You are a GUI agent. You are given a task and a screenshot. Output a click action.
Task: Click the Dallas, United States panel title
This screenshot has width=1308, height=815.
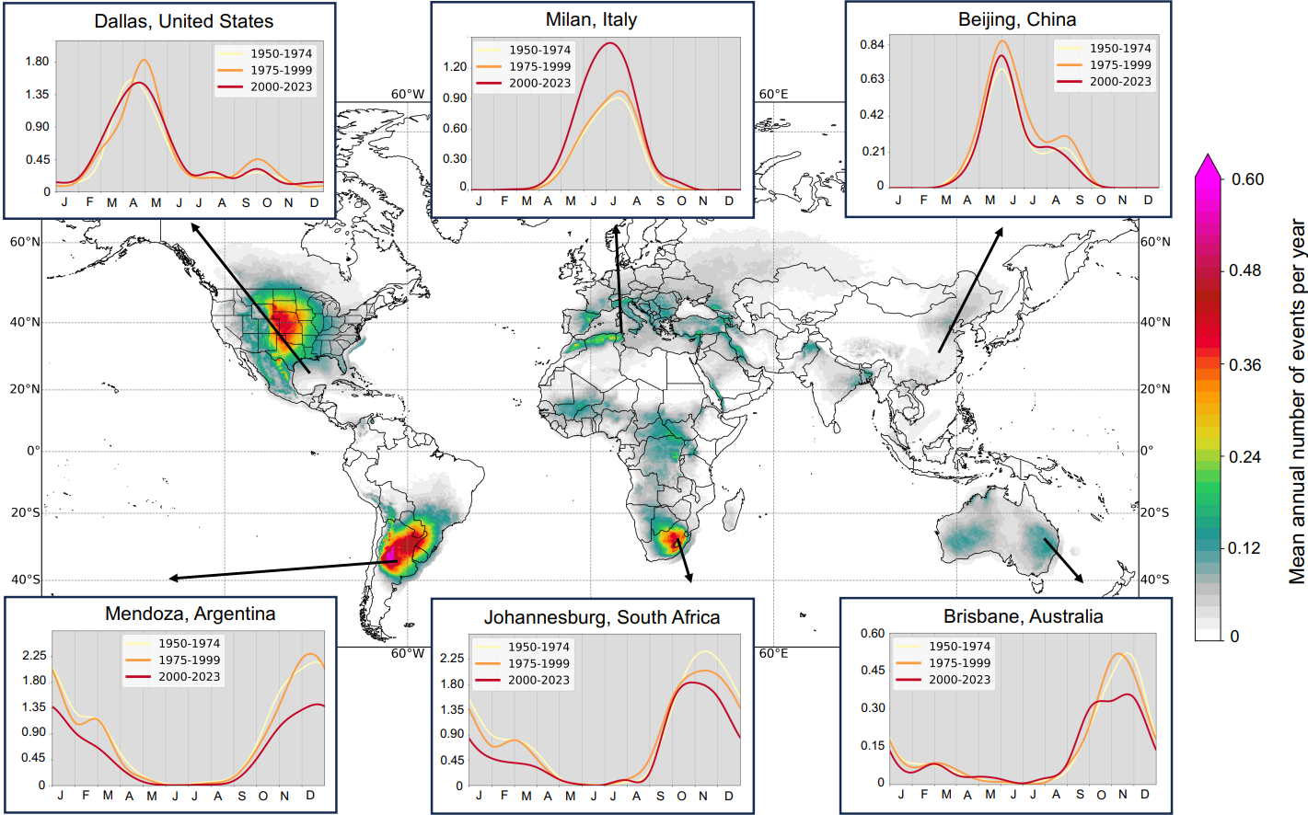point(183,21)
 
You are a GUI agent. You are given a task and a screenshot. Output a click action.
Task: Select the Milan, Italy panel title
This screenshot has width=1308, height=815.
point(591,19)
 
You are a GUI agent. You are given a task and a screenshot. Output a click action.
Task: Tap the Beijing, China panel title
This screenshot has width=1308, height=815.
point(1016,19)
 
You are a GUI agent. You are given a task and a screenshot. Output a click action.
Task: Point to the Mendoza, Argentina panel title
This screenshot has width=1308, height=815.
point(190,614)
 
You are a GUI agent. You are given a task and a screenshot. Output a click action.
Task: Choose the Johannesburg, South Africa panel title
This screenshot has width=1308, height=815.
point(602,617)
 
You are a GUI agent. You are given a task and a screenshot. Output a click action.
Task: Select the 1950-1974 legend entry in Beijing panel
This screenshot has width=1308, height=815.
point(1119,48)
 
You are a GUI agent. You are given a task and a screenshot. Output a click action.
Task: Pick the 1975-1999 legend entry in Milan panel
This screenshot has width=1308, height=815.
point(539,66)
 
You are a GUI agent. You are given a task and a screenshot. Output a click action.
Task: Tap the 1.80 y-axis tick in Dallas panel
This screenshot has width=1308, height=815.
point(38,62)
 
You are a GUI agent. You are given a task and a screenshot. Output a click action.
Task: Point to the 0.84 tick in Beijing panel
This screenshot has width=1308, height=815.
point(872,44)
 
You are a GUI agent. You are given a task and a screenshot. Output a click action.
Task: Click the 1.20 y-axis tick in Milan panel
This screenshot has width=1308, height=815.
point(455,66)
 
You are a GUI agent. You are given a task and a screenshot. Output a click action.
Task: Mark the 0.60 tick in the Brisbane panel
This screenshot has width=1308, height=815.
point(873,633)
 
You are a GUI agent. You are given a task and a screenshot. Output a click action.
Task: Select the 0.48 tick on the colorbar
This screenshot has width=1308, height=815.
point(1246,270)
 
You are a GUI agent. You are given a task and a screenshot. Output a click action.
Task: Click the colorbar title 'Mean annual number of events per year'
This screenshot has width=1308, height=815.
point(1297,401)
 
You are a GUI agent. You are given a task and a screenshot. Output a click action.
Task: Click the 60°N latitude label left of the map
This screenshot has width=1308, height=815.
point(25,242)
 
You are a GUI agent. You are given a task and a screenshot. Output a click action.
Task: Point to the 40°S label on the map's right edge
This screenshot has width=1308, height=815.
point(1155,580)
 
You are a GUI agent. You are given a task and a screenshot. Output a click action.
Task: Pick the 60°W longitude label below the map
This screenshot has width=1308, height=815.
point(408,653)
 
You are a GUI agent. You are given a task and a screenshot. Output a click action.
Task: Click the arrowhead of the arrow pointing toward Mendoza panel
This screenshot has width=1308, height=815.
point(171,579)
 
